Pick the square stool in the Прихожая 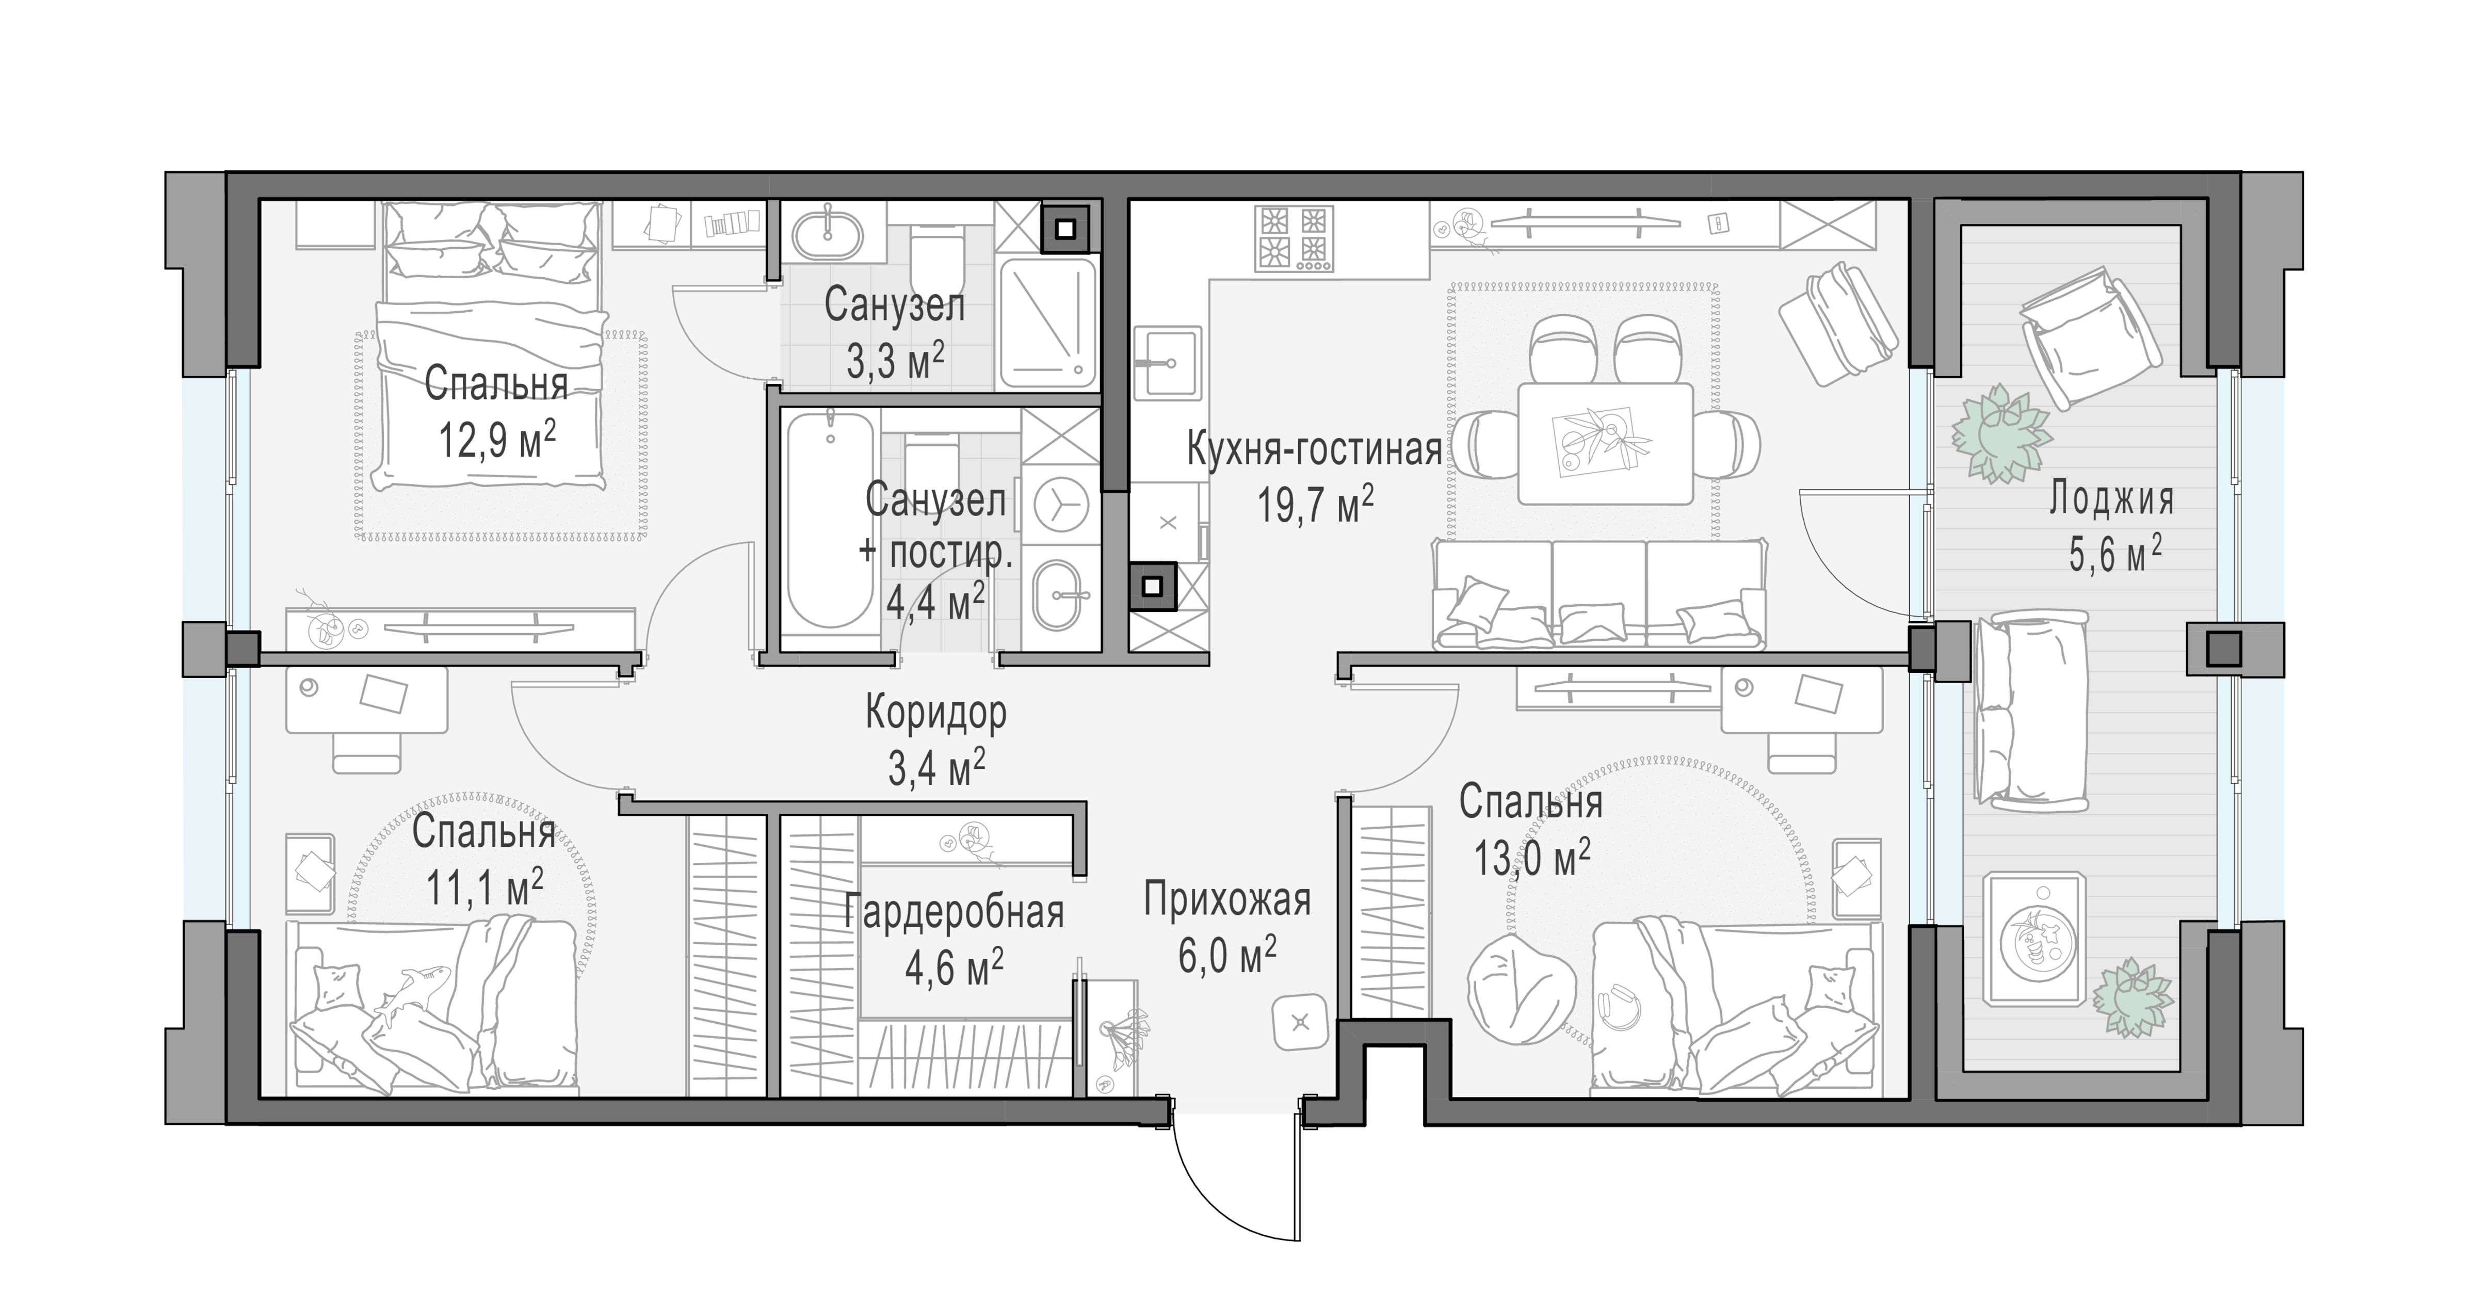[x=1300, y=1022]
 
